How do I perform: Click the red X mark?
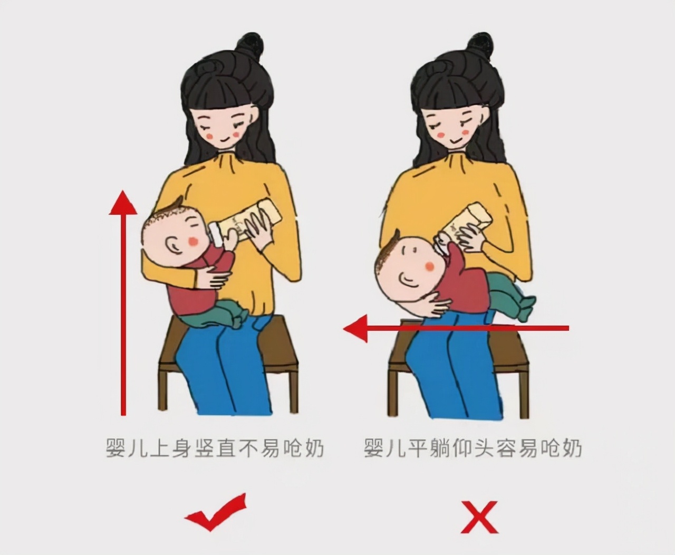click(479, 516)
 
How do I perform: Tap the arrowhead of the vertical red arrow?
click(123, 203)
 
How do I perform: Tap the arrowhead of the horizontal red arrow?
click(354, 328)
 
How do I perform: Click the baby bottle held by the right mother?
click(466, 222)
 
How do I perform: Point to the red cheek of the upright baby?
click(194, 241)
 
